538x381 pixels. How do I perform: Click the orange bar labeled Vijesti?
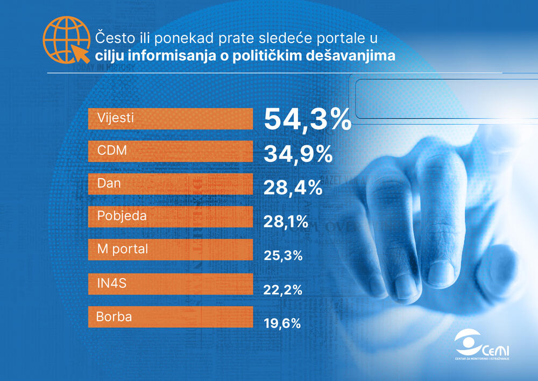pos(170,119)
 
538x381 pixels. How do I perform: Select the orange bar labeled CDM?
pos(170,151)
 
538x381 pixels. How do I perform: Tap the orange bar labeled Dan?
pos(170,184)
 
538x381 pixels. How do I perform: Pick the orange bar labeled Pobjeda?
pos(170,217)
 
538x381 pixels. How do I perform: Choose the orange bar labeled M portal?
pos(170,250)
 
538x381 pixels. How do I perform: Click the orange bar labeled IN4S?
pos(170,284)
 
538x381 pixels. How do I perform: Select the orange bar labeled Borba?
pos(170,317)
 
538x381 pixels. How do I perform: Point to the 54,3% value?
pos(307,119)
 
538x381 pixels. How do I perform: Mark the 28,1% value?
pos(286,221)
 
